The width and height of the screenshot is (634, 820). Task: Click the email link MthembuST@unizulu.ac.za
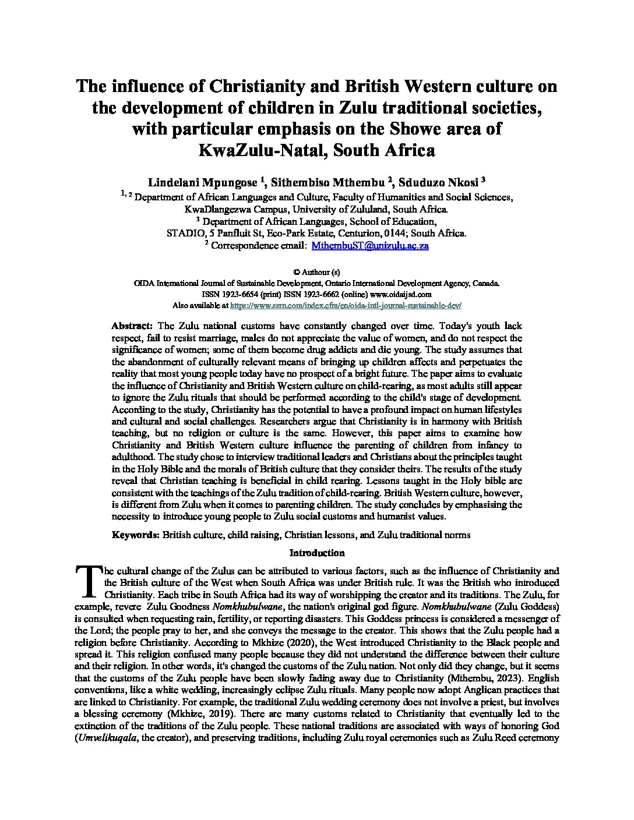click(370, 246)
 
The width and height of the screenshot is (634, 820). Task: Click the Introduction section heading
click(317, 553)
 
